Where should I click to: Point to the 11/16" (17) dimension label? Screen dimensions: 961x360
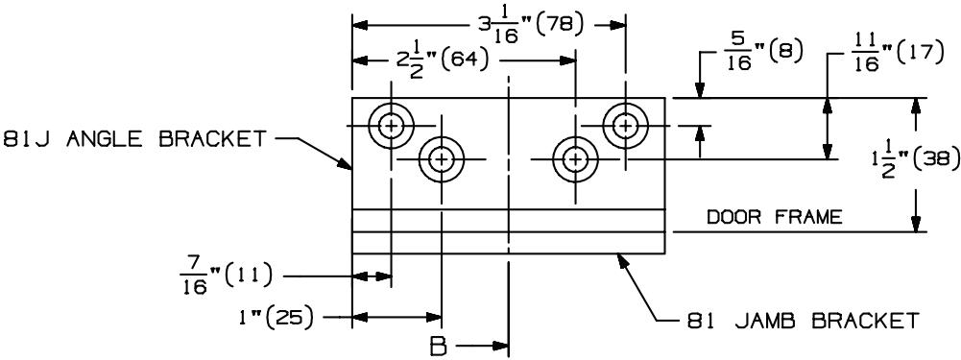point(896,55)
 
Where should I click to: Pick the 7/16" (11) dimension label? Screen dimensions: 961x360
point(225,276)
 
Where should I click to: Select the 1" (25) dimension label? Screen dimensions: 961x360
point(277,318)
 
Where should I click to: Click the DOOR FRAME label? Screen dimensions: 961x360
point(775,217)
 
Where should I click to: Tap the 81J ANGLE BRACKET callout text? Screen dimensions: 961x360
point(134,139)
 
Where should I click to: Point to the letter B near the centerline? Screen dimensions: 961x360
point(438,348)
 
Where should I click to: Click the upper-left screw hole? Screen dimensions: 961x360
point(391,126)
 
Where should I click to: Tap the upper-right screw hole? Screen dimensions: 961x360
point(625,126)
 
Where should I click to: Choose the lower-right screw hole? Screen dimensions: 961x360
point(575,159)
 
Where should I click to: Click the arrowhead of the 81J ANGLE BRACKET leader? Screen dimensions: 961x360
point(345,162)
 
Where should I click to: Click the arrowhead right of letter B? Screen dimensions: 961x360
point(501,348)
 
